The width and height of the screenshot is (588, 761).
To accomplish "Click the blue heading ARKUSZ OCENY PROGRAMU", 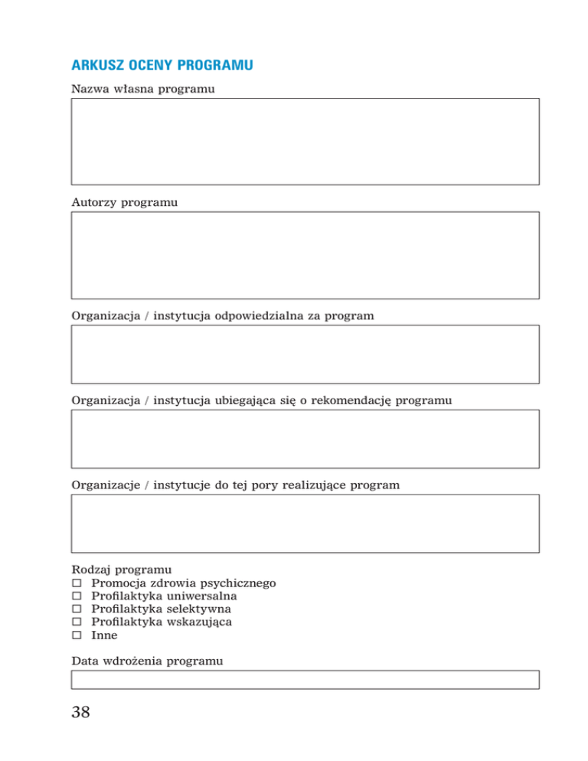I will click(162, 66).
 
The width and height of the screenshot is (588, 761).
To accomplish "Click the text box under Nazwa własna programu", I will click(305, 141).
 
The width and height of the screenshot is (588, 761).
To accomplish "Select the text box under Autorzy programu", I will click(305, 255).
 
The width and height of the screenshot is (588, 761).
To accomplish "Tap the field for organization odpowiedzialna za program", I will click(305, 354).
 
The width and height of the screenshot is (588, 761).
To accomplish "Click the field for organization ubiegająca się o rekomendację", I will click(305, 439).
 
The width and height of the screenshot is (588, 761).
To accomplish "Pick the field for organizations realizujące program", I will click(305, 523).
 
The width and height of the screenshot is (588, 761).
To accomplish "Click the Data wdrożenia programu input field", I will click(305, 679).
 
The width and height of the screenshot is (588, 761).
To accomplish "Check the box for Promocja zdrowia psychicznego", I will click(77, 583).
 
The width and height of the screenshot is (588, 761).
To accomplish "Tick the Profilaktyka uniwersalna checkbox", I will click(77, 596).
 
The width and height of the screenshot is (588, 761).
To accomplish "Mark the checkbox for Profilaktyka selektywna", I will click(77, 609).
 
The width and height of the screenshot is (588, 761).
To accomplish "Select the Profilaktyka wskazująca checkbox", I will click(77, 622).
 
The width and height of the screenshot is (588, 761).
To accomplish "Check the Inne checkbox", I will click(77, 635).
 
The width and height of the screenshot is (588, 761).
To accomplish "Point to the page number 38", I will click(80, 713).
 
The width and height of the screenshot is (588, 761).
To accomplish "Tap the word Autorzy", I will click(92, 203).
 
